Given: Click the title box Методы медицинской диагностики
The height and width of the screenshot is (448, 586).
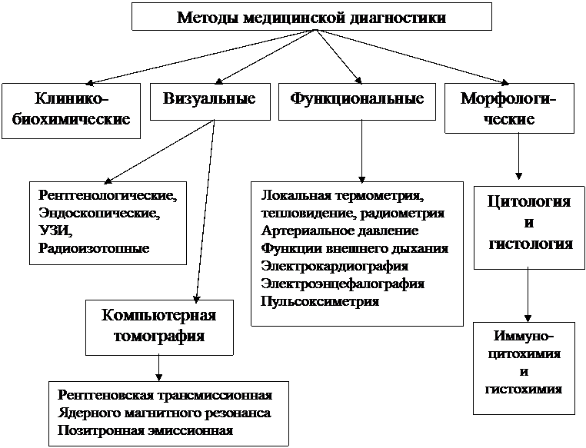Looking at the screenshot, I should (311, 17).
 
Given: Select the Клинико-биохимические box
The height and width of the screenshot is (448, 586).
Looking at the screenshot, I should (72, 110).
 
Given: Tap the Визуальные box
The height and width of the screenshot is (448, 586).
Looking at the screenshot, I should (209, 100).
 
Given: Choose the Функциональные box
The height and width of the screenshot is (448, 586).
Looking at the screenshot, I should (358, 100).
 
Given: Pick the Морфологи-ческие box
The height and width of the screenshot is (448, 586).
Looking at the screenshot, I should (508, 110).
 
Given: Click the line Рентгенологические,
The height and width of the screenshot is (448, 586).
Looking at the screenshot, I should (107, 195).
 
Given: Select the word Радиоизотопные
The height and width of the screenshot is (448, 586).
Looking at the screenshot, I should (93, 248).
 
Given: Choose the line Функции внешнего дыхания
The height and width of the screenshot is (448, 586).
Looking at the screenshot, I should (355, 248).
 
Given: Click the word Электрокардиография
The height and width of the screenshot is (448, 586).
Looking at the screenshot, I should (335, 266).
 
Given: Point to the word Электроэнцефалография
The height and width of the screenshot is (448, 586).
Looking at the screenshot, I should (343, 284).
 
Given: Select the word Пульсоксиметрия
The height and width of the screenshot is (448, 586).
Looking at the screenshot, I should (320, 301).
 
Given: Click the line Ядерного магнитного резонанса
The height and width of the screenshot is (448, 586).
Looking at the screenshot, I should (164, 413).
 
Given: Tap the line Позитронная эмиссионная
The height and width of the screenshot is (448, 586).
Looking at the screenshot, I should (145, 430).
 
